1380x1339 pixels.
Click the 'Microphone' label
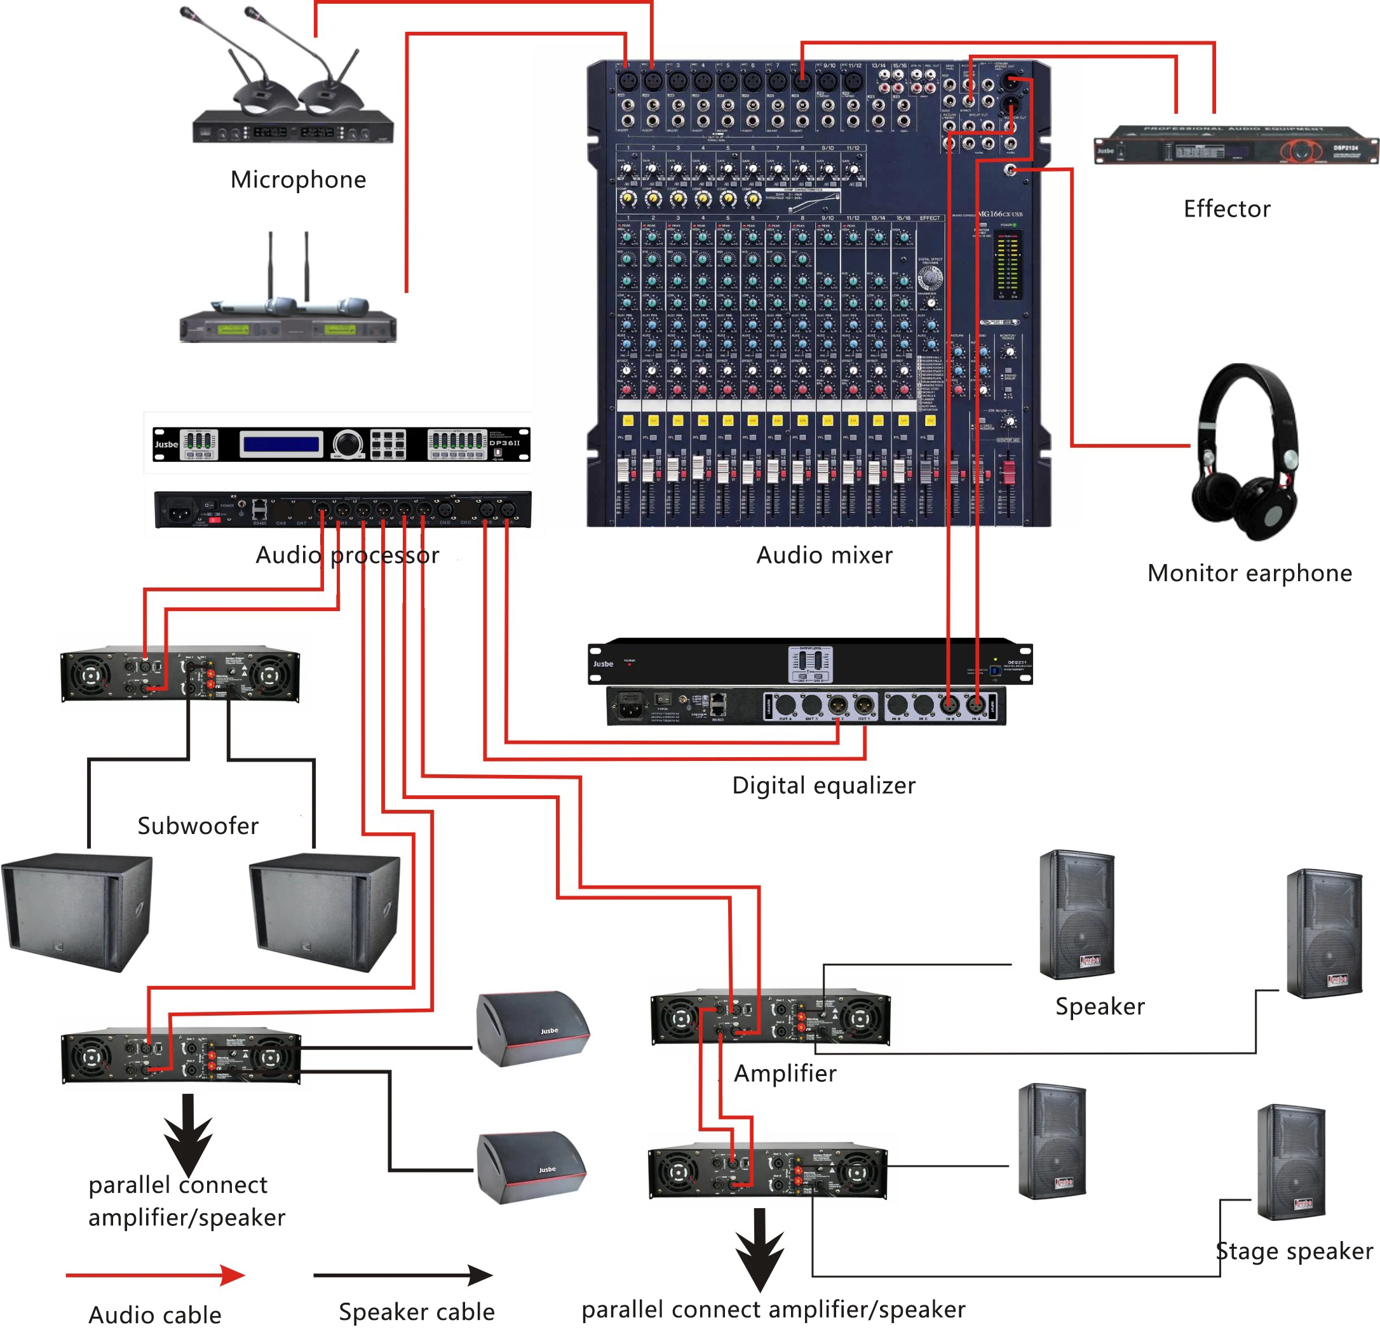pos(298,180)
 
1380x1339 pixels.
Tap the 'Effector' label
pos(1226,208)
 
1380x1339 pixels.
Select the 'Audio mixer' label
pos(824,555)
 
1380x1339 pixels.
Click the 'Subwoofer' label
pos(198,825)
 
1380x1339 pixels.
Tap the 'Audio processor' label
pos(347,555)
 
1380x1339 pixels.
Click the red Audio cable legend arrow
pos(155,1275)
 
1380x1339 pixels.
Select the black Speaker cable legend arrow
pos(403,1275)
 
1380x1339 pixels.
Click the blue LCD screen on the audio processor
pos(280,444)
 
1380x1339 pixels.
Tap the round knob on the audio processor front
pos(346,443)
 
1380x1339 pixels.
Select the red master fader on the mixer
pos(1009,473)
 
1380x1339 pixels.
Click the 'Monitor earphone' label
pos(1249,573)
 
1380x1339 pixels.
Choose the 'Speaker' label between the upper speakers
pos(1100,1006)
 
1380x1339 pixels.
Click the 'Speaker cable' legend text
pos(416,1312)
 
